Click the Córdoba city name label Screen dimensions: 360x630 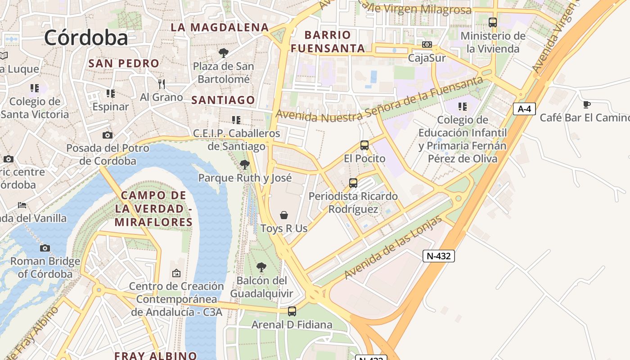(x=86, y=37)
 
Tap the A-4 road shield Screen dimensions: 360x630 (x=524, y=109)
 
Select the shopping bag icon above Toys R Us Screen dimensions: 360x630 (x=284, y=215)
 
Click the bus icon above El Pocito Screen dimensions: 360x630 (x=364, y=145)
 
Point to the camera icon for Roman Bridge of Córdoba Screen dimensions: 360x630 (x=45, y=248)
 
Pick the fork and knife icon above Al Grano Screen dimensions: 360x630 (x=162, y=84)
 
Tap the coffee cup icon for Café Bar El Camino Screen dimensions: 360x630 (x=586, y=105)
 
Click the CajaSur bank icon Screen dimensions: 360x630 (x=427, y=45)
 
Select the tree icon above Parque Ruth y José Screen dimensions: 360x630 (x=245, y=165)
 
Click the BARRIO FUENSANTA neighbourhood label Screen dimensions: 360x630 (x=328, y=41)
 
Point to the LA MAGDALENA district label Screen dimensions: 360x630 (x=220, y=27)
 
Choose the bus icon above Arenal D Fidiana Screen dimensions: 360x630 (x=292, y=311)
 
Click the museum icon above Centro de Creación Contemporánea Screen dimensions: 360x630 (x=176, y=273)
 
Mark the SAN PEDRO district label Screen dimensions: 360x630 (x=124, y=63)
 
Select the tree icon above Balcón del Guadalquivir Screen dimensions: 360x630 (x=261, y=267)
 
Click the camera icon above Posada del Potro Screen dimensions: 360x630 (x=107, y=135)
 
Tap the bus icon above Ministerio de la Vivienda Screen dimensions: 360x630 (x=493, y=22)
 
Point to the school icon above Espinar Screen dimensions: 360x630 (x=110, y=94)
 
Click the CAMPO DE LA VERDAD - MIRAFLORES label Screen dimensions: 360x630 (x=153, y=209)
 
